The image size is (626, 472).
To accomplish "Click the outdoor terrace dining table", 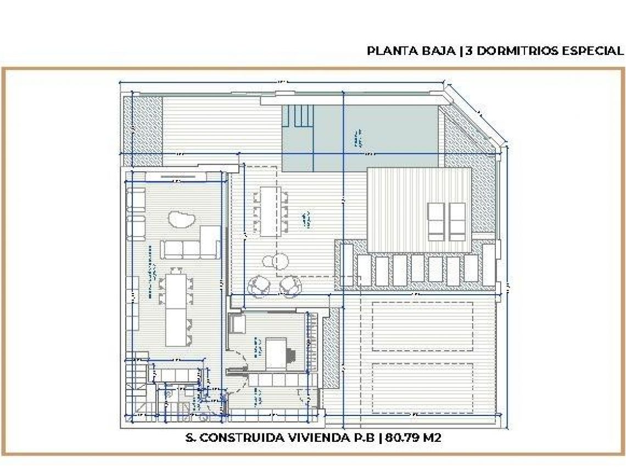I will pyautogui.click(x=270, y=211).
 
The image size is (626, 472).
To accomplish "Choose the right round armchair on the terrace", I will pyautogui.click(x=289, y=285).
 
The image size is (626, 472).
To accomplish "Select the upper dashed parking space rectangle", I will pyautogui.click(x=423, y=328).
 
